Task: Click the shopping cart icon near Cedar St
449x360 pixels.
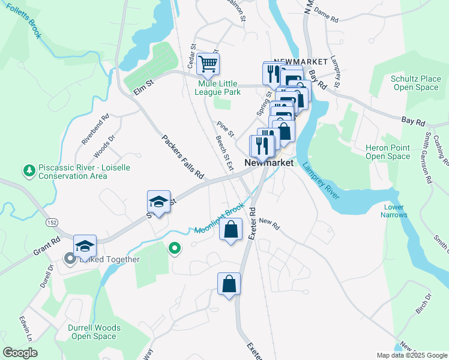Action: pos(208,63)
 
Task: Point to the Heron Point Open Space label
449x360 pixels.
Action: pos(388,152)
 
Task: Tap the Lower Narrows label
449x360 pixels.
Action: pos(394,211)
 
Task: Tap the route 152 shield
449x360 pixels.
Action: pos(50,223)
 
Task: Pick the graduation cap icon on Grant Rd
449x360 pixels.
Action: pos(85,245)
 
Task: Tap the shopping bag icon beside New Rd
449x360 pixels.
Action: pos(231,229)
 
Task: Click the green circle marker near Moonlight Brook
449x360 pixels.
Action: pos(175,247)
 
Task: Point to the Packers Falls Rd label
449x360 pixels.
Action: pos(183,158)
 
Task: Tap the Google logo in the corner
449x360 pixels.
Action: pos(20,353)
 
